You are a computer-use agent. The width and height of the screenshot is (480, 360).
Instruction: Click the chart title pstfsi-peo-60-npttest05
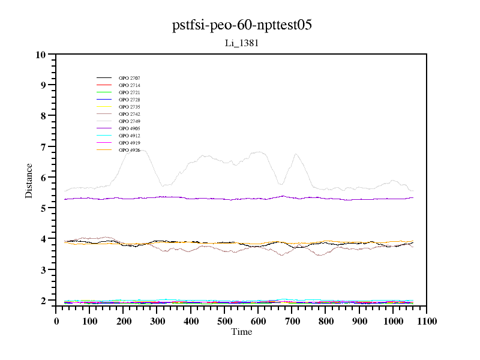coord(242,25)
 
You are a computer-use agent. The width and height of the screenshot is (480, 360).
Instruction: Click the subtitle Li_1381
coord(242,43)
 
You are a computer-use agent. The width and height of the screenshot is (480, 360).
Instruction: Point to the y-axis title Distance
coord(29,179)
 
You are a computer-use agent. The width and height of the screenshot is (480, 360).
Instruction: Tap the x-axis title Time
coord(242,332)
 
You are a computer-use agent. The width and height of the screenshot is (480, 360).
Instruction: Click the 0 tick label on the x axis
coord(56,321)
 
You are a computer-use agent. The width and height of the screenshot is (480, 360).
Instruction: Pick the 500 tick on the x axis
coord(224,321)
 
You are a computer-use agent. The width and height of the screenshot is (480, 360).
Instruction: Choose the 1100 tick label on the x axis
coord(427,321)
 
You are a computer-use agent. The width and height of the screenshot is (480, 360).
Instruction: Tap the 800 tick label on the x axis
coord(326,321)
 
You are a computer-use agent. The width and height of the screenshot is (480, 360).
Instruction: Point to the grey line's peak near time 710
coord(296,154)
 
